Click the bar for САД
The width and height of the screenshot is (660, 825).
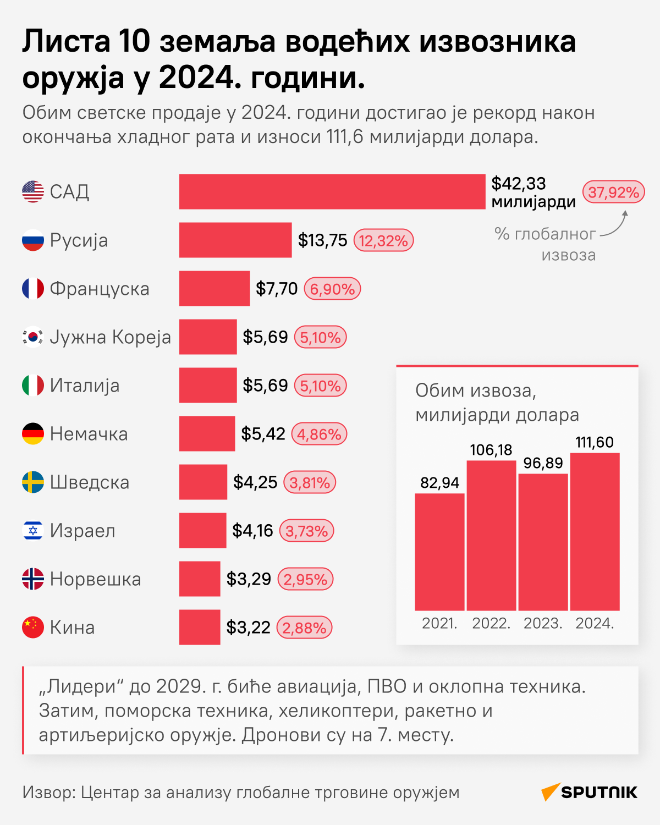pos(332,191)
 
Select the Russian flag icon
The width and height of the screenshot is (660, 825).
pos(33,240)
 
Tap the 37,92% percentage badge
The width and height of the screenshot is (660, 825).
pos(613,192)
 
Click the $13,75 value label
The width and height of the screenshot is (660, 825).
pos(322,240)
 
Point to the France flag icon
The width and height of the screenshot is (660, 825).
pos(33,289)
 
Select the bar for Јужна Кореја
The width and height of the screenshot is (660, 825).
pos(208,337)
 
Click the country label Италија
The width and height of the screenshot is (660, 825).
pos(85,386)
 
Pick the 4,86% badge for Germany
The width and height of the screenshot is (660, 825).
pos(319,434)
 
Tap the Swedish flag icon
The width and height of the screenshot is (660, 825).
pos(33,482)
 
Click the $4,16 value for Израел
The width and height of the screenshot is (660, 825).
pos(252,531)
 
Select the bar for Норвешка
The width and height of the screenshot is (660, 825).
pos(200,579)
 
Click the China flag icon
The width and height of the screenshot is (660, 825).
pos(33,628)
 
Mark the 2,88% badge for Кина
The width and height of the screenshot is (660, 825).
pos(304,628)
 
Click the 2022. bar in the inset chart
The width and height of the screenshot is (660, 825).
pos(491,535)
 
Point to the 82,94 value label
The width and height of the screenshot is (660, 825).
pos(439,483)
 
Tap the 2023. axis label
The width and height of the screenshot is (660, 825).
pos(543,624)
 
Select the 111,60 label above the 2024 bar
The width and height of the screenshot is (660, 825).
pos(595,442)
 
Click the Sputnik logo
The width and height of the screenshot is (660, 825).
pos(589,792)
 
